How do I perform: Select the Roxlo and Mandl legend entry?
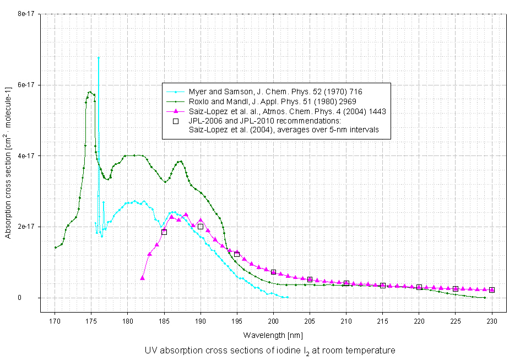pyautogui.click(x=272, y=101)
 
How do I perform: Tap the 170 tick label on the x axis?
pyautogui.click(x=55, y=320)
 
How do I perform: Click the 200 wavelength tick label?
pyautogui.click(x=273, y=320)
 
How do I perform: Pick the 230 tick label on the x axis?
pyautogui.click(x=492, y=320)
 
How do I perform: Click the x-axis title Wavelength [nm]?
pyautogui.click(x=273, y=335)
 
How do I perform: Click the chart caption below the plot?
pyautogui.click(x=270, y=351)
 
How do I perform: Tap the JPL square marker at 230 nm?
pyautogui.click(x=492, y=290)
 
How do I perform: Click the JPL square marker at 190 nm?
pyautogui.click(x=201, y=227)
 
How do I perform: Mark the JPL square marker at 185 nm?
pyautogui.click(x=164, y=232)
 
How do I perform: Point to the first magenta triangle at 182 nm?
pyautogui.click(x=143, y=278)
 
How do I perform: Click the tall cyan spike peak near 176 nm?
pyautogui.click(x=99, y=57)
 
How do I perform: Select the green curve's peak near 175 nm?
pyautogui.click(x=90, y=92)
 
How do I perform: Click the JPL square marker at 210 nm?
pyautogui.click(x=346, y=283)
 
